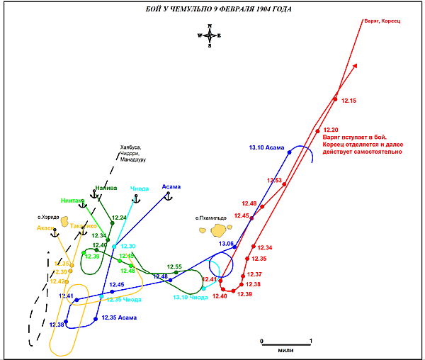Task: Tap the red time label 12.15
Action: click(x=348, y=101)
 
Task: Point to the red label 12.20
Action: click(x=330, y=130)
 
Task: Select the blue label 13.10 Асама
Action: click(x=266, y=148)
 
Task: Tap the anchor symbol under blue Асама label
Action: click(x=169, y=196)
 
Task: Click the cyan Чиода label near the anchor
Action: click(x=140, y=189)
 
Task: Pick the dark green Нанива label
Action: click(x=106, y=189)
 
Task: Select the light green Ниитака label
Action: click(x=73, y=200)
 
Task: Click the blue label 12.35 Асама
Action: click(x=118, y=317)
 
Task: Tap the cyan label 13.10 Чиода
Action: click(x=191, y=298)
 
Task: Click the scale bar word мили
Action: click(x=286, y=350)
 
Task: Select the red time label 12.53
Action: click(x=275, y=181)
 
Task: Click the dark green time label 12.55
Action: click(x=174, y=267)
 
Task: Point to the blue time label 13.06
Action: click(x=226, y=244)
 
